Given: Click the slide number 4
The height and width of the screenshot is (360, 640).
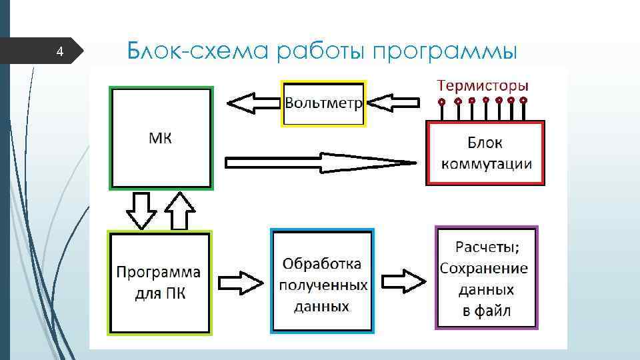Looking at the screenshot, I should (x=59, y=51).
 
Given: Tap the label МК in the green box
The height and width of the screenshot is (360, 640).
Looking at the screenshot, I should (x=159, y=138).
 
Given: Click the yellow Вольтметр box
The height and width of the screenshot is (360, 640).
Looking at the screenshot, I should (x=324, y=103).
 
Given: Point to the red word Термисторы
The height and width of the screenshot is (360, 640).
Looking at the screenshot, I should (x=483, y=85).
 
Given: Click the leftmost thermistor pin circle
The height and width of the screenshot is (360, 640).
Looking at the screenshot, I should (x=441, y=102).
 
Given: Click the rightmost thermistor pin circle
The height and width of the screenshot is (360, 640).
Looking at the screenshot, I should (x=524, y=101).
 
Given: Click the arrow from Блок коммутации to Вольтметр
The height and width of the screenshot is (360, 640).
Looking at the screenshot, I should (x=393, y=103).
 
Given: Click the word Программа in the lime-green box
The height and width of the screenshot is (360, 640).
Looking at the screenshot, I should (x=159, y=272).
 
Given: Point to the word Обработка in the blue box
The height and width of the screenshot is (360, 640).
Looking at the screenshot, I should (x=322, y=264).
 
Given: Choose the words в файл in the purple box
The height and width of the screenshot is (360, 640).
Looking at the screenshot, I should (x=487, y=311).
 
